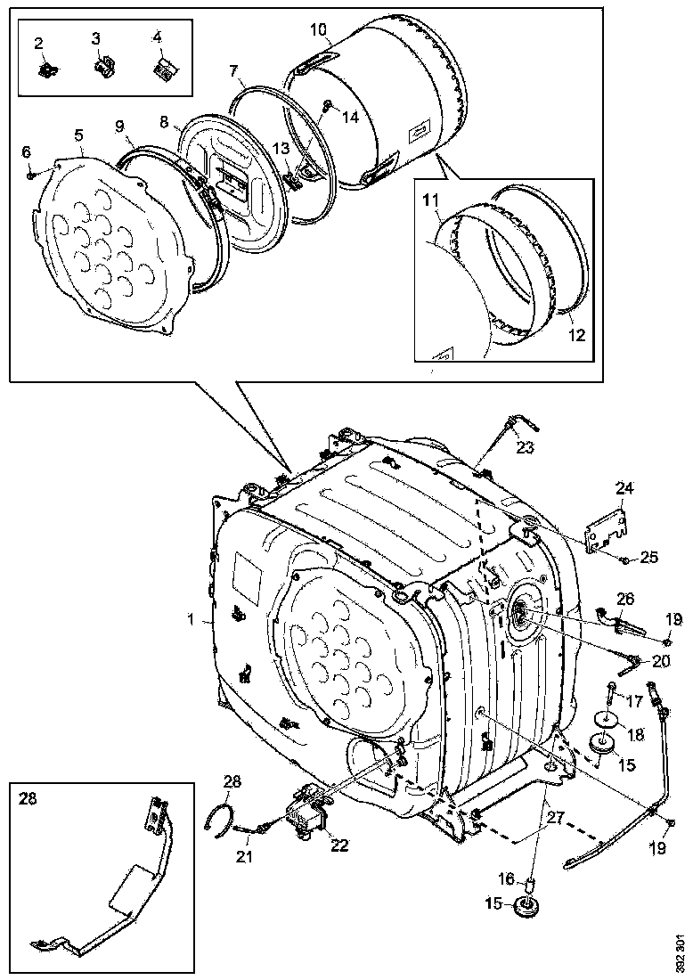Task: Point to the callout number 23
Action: [525, 448]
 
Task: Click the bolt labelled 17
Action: [611, 690]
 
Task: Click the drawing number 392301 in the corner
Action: [680, 953]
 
